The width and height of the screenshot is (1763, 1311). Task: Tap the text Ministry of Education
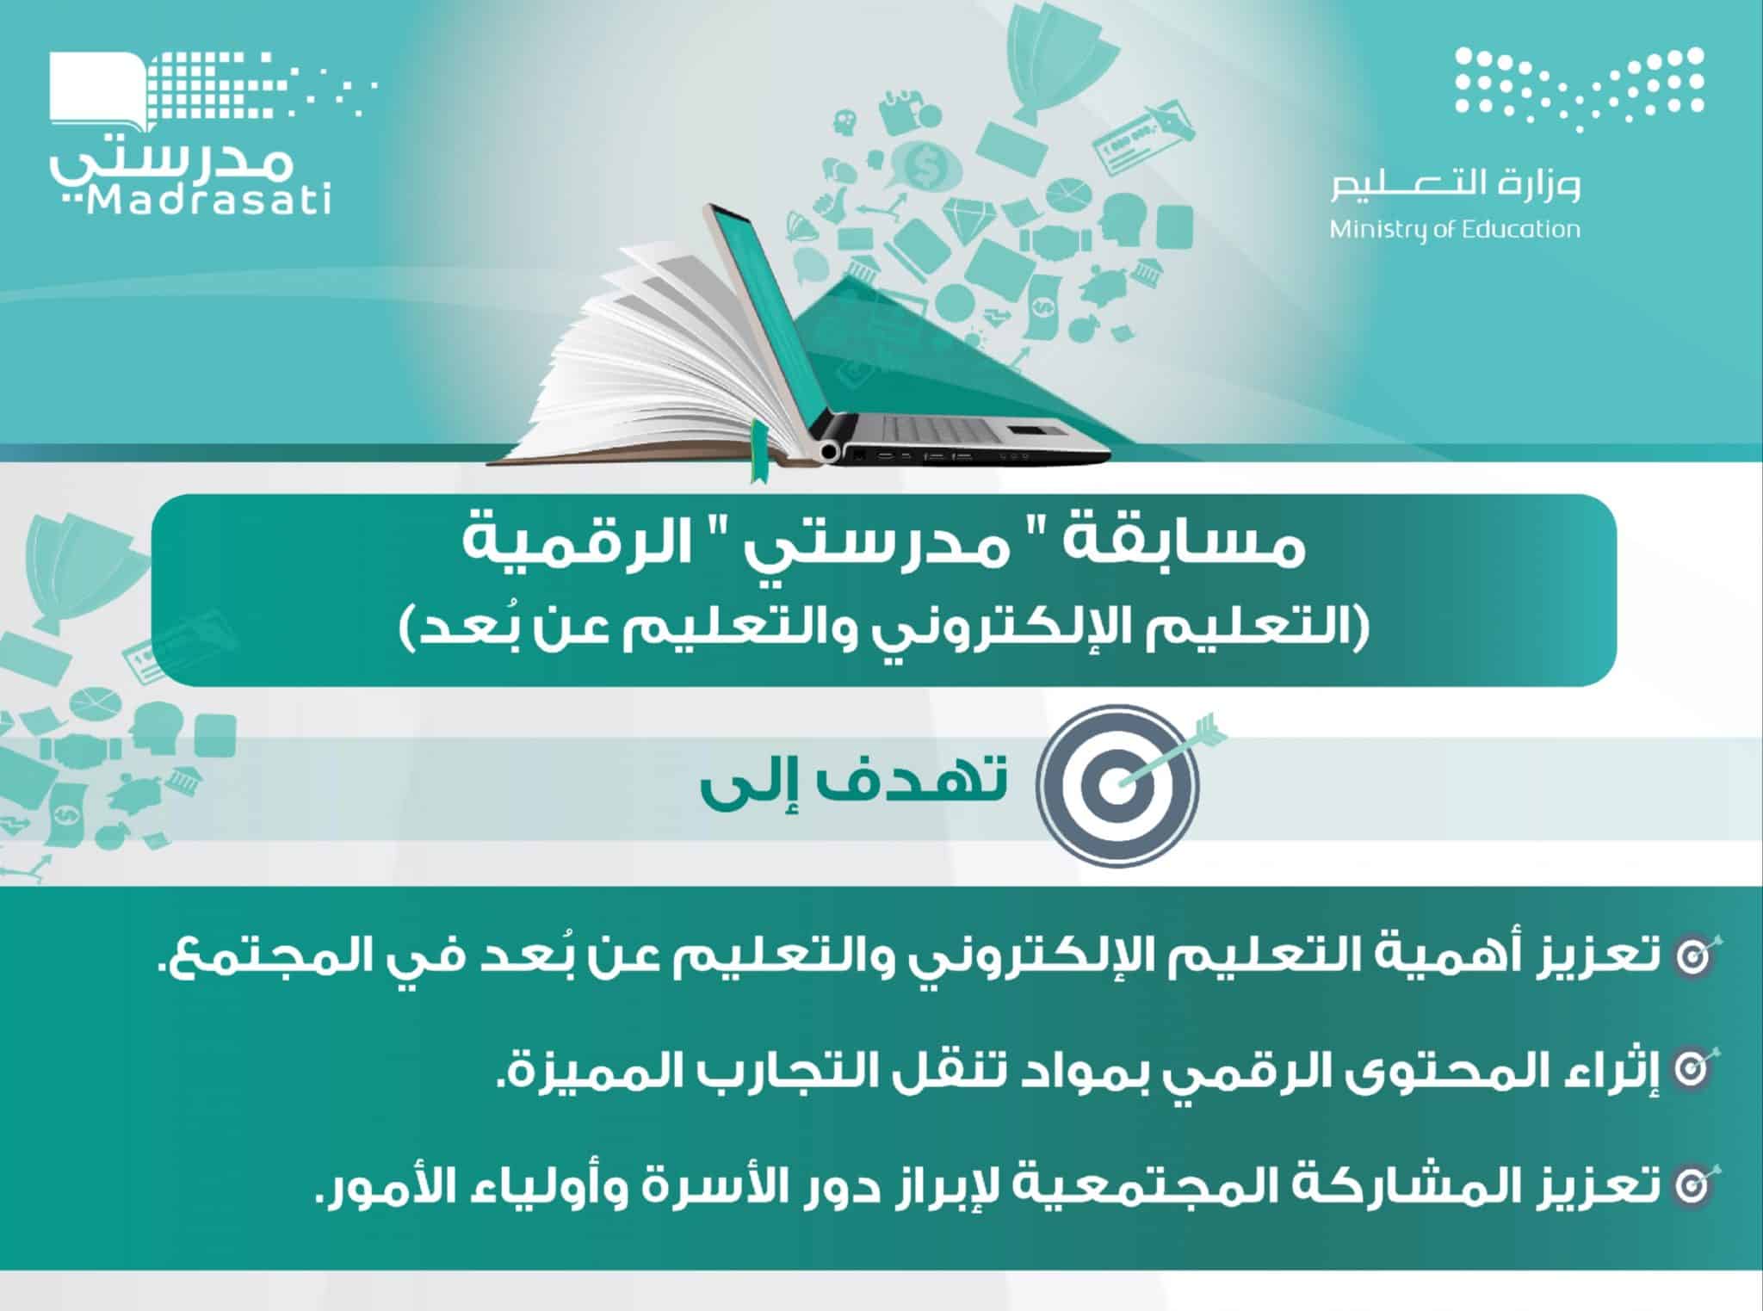coord(1454,230)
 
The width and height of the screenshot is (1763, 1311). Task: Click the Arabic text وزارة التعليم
coord(1454,184)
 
